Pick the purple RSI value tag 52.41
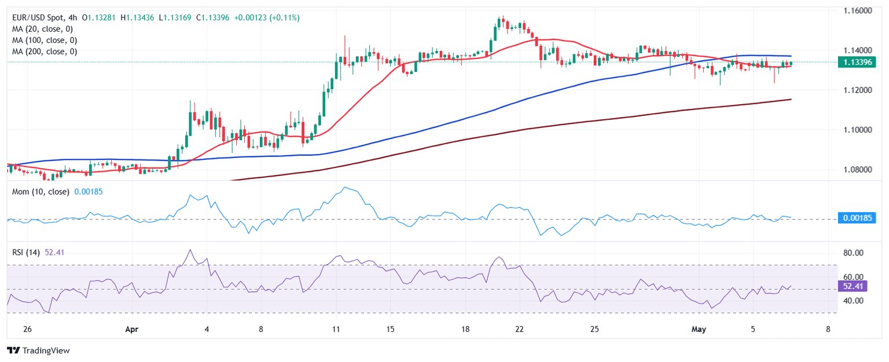(855, 286)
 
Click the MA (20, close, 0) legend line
(44, 29)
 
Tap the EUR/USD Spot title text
(38, 18)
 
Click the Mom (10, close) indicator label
(41, 191)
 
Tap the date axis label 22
(519, 329)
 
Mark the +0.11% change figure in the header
(286, 18)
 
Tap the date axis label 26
(27, 329)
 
